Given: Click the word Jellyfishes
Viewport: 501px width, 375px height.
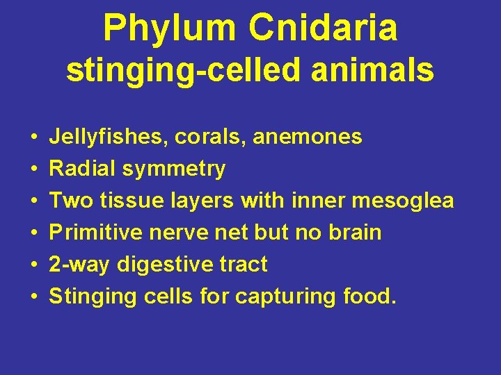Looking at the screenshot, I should [109, 137].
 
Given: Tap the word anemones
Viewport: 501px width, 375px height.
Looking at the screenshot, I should [308, 137].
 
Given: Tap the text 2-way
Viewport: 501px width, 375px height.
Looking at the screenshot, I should [79, 265].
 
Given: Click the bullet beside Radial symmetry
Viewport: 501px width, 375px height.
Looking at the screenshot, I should [34, 169].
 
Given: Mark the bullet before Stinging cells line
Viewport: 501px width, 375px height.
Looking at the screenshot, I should [34, 297].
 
